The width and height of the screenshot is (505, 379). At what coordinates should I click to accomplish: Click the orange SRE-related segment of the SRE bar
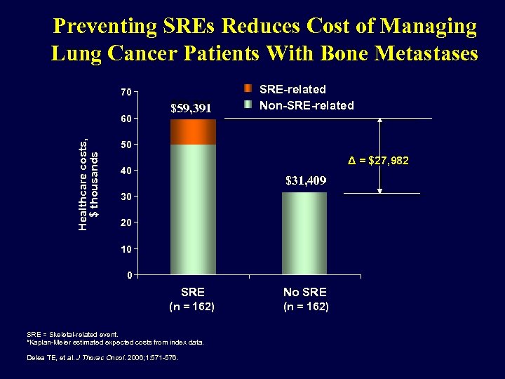point(193,132)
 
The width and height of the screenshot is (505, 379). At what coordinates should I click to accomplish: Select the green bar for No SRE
point(304,233)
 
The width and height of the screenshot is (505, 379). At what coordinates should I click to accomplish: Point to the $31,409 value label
point(306,181)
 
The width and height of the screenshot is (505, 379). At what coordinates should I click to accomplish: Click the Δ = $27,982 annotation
point(379,161)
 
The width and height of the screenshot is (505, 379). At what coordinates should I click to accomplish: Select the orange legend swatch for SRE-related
point(248,89)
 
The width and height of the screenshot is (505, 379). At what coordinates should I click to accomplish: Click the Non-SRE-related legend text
point(307,105)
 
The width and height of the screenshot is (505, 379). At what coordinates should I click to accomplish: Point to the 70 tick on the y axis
point(124,92)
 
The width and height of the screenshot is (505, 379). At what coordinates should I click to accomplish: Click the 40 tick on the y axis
point(124,171)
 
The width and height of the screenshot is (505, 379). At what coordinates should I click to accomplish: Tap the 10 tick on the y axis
point(124,248)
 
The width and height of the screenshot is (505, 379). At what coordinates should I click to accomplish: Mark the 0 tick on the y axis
point(127,274)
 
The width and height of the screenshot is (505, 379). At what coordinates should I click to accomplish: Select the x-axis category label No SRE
point(304,291)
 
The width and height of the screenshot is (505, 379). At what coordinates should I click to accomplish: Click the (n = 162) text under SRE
point(192,307)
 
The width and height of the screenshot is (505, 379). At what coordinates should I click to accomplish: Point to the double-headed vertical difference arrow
point(379,156)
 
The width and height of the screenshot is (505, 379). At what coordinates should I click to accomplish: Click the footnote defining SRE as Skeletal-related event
point(73,335)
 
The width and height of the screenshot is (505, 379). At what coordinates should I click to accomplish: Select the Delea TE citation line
point(102,357)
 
